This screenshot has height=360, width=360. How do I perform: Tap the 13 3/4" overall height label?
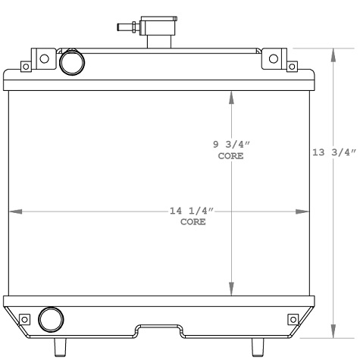click(x=333, y=152)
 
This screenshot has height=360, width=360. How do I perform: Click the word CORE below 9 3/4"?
click(x=230, y=156)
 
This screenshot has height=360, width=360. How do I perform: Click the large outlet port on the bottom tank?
click(x=51, y=318)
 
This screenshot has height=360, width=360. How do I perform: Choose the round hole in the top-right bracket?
click(x=275, y=58)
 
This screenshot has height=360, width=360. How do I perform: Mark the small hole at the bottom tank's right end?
click(x=293, y=318)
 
